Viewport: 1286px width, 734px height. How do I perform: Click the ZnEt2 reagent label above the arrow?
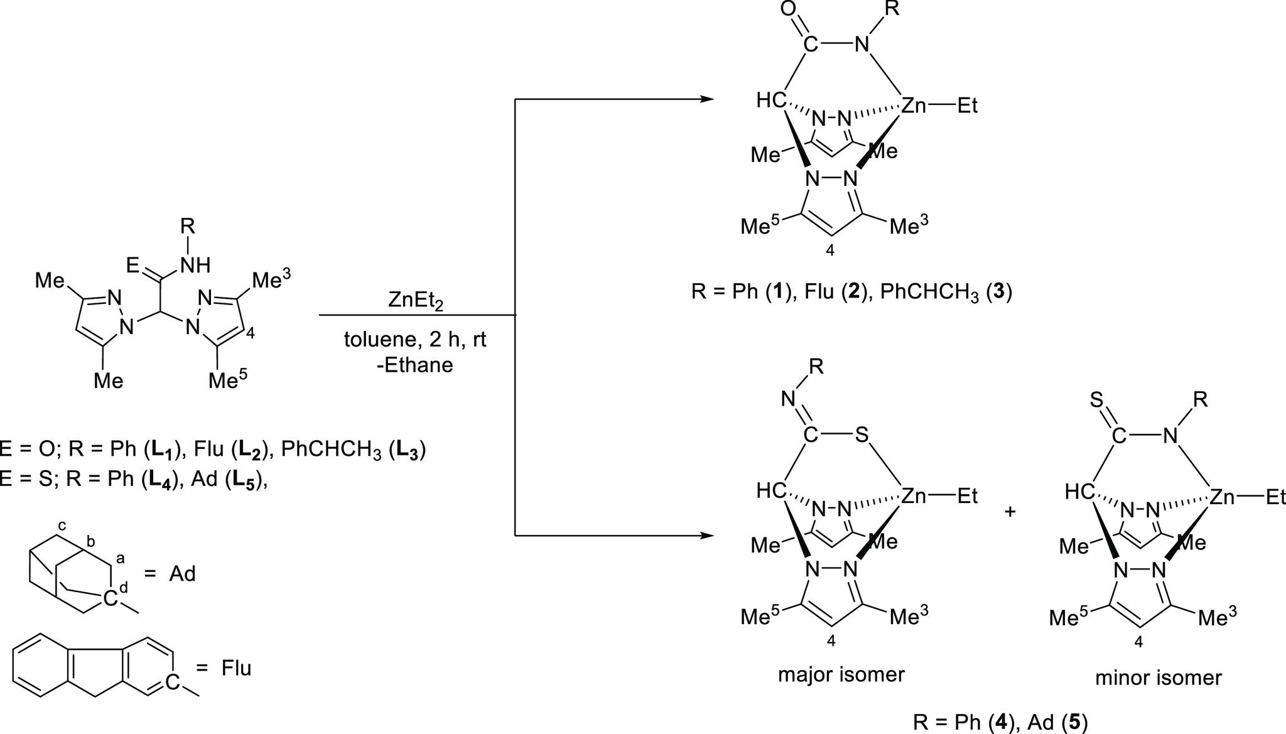pyautogui.click(x=416, y=301)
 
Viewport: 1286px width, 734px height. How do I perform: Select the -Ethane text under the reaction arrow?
pyautogui.click(x=415, y=365)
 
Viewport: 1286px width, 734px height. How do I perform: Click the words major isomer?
pyautogui.click(x=841, y=674)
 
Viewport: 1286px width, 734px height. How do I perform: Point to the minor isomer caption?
pyautogui.click(x=1159, y=678)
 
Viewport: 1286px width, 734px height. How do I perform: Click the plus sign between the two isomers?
pyautogui.click(x=1010, y=512)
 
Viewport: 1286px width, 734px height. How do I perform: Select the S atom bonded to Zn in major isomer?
pyautogui.click(x=861, y=436)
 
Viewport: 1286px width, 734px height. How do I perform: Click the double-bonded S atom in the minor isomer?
pyautogui.click(x=1097, y=401)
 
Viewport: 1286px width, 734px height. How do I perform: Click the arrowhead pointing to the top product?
pyautogui.click(x=707, y=99)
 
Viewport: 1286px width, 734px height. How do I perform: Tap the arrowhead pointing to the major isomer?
pyautogui.click(x=707, y=536)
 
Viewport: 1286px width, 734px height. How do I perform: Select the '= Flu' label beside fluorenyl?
pyautogui.click(x=227, y=667)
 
